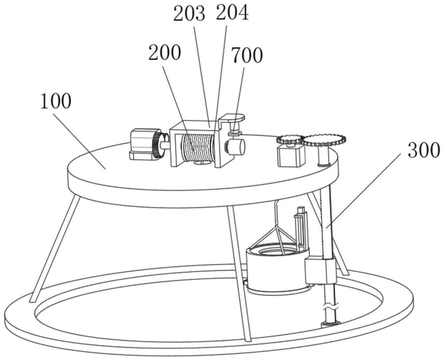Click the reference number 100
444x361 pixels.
tap(55, 102)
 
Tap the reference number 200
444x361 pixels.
tap(164, 54)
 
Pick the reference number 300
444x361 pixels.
tap(421, 151)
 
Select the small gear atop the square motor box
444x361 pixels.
tap(289, 139)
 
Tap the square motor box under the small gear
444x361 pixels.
tap(291, 156)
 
